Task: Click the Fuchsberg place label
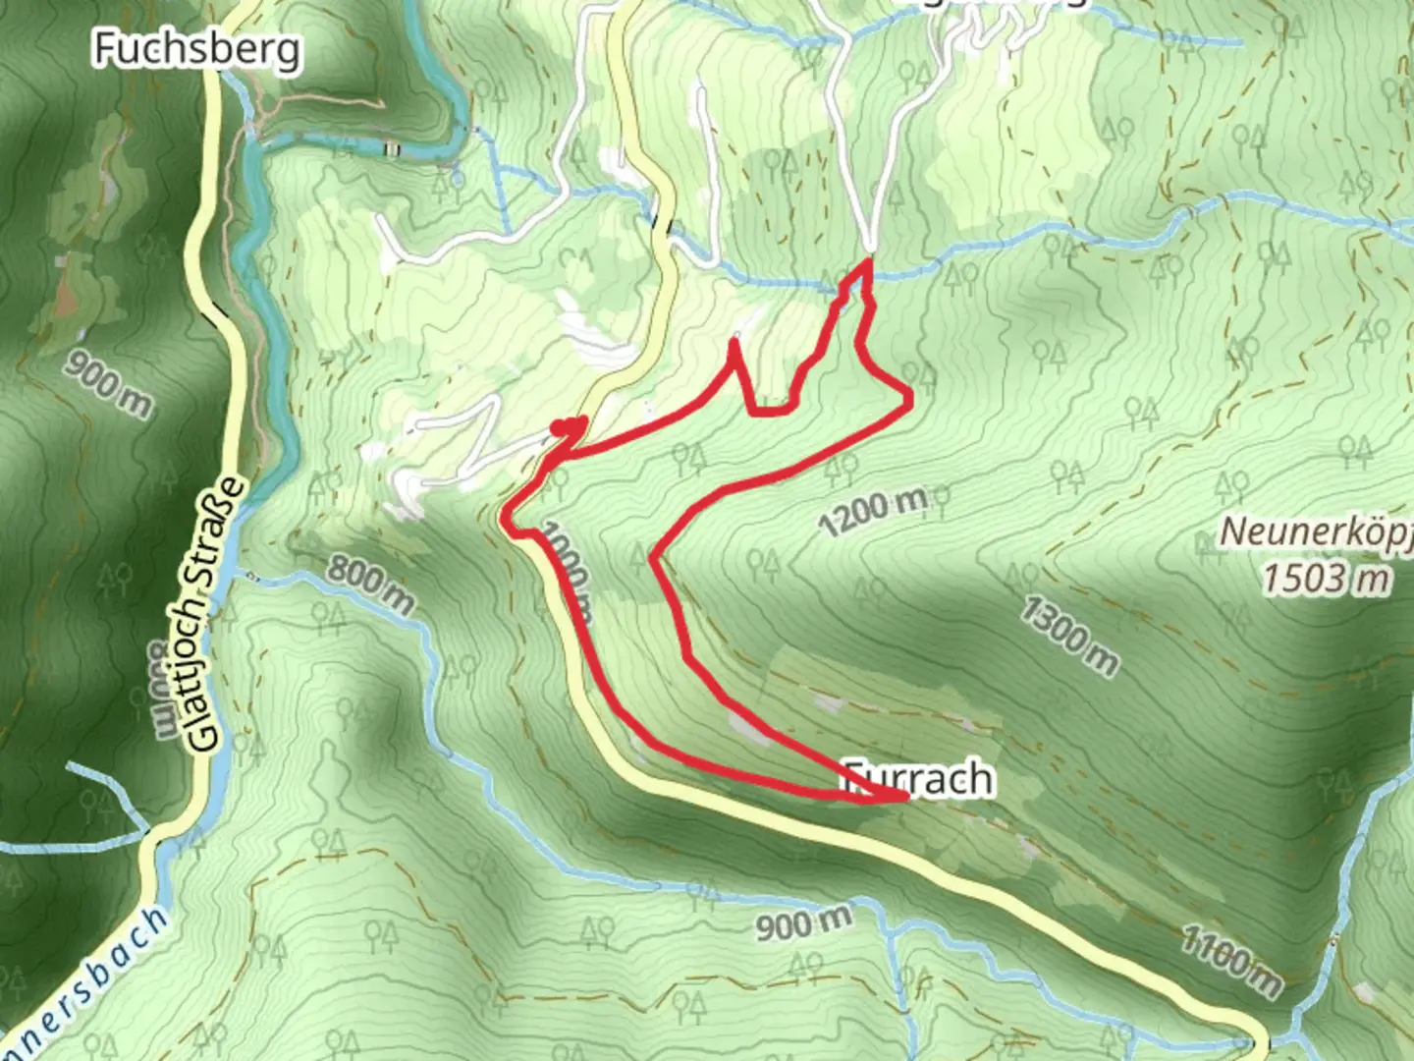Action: tap(196, 47)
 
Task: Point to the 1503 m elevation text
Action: tap(1326, 578)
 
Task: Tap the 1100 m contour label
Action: tap(1230, 960)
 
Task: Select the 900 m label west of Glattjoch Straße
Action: tap(109, 380)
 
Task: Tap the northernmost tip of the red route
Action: tap(868, 261)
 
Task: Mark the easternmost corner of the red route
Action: tap(910, 397)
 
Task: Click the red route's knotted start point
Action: tap(567, 427)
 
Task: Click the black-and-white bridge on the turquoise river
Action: tap(393, 148)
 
